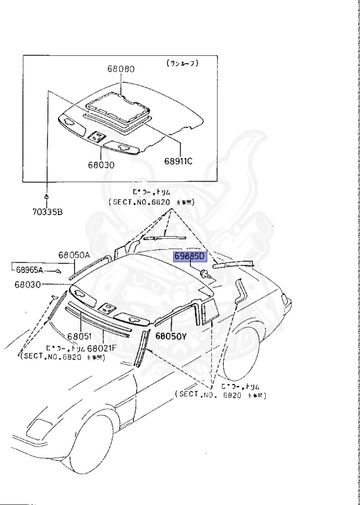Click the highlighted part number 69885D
point(190,256)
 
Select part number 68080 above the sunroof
point(121,68)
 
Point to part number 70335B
point(49,212)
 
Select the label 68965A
point(30,270)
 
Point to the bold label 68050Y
point(171,335)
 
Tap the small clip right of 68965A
point(58,270)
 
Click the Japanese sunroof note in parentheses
point(182,63)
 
